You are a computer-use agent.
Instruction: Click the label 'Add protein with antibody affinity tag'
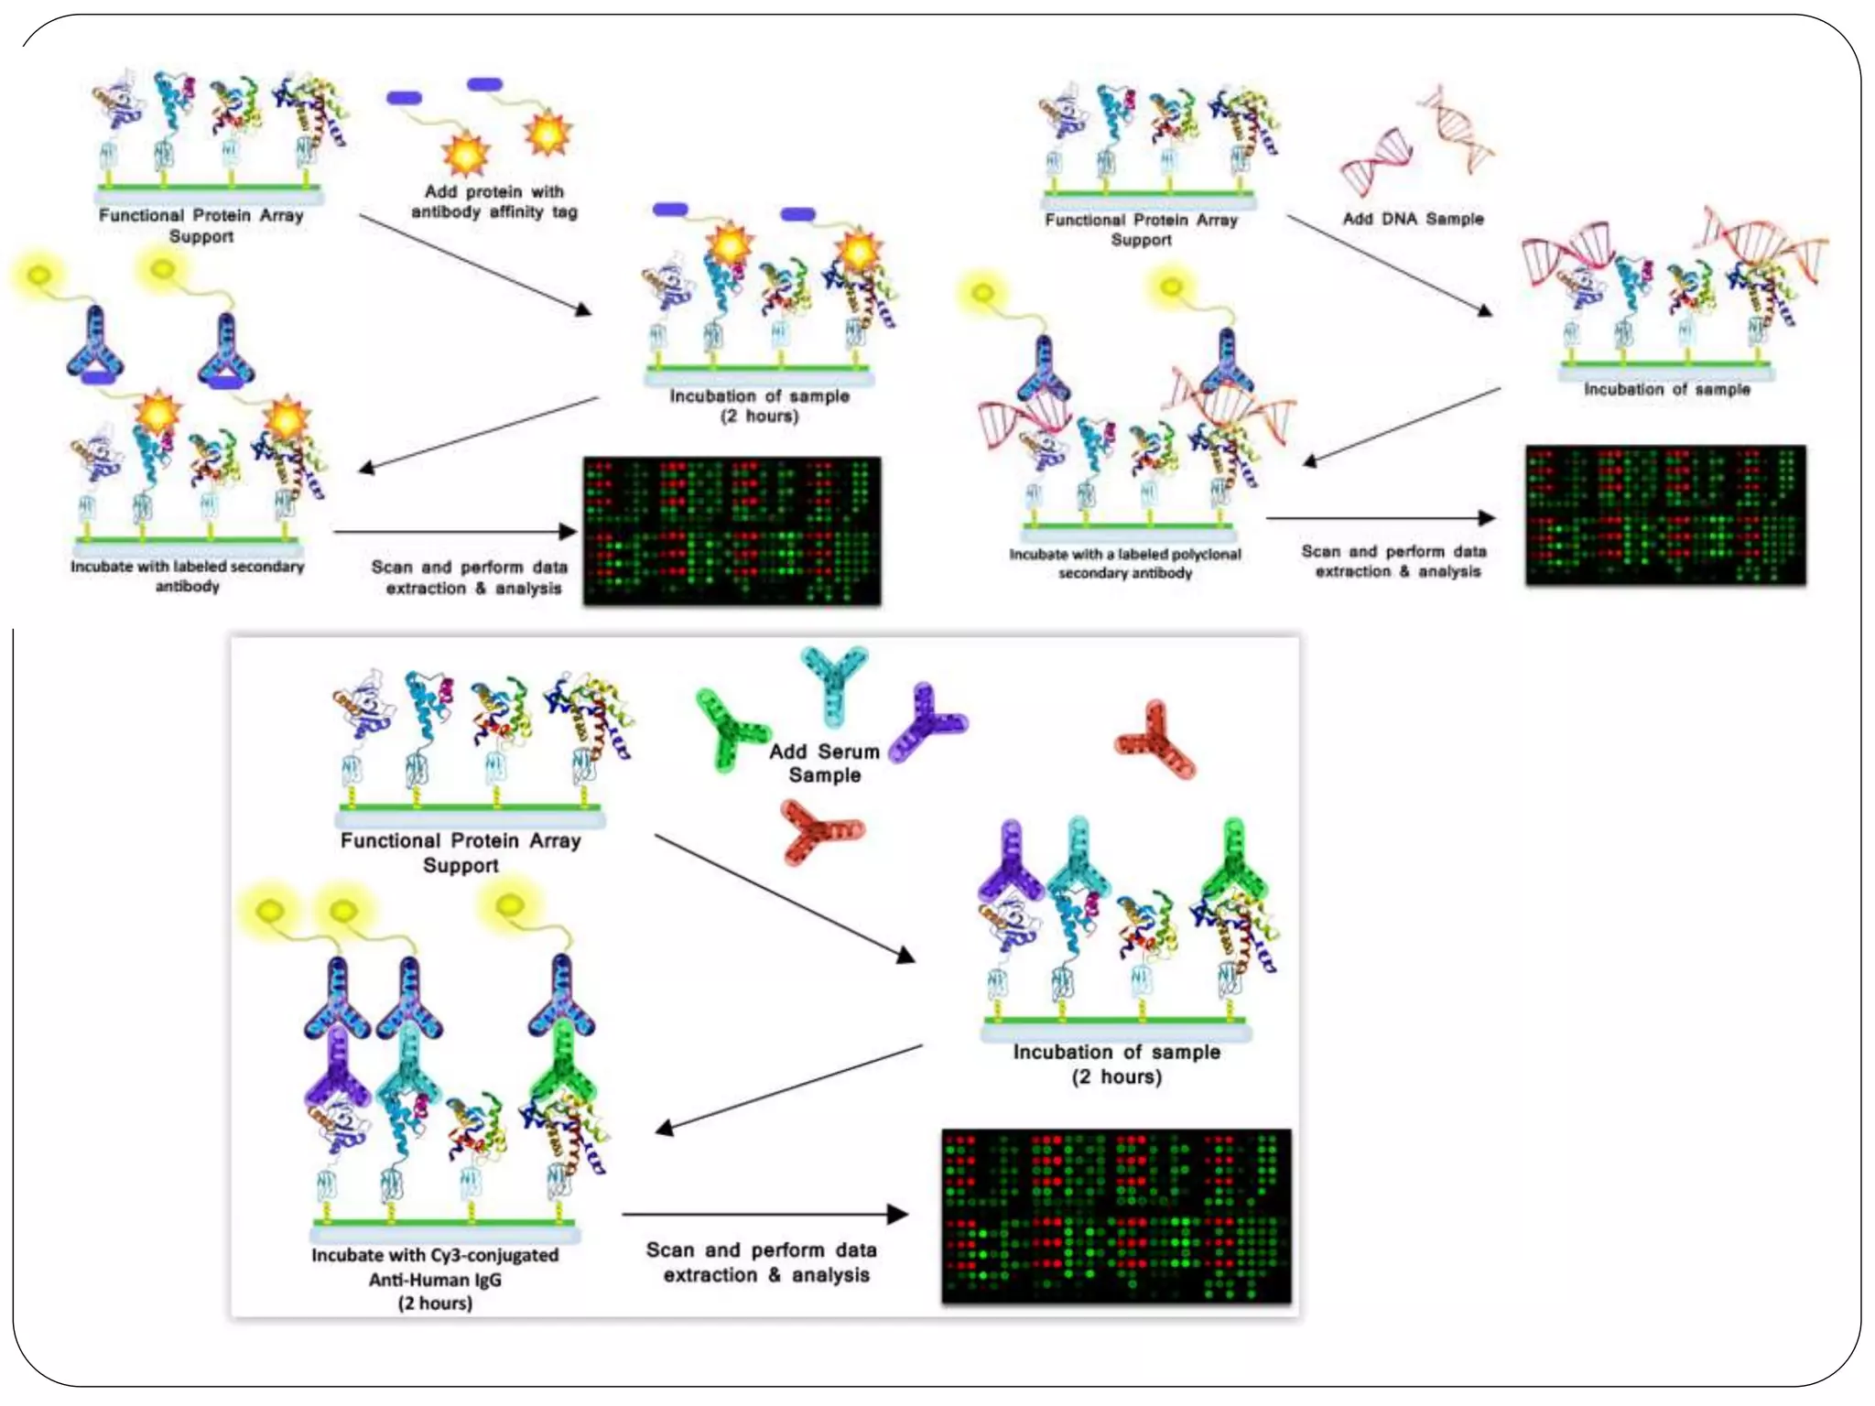(x=494, y=202)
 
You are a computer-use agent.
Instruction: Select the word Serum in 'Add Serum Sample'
(x=849, y=752)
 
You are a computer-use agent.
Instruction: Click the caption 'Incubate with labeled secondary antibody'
(x=188, y=576)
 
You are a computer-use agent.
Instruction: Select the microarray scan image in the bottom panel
(x=1116, y=1216)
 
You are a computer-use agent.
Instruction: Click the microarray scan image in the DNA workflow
(x=1665, y=514)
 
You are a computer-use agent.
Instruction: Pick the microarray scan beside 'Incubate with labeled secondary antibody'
(x=732, y=531)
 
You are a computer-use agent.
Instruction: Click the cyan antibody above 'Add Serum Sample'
(x=833, y=682)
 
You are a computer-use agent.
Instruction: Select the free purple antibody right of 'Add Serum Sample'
(x=927, y=720)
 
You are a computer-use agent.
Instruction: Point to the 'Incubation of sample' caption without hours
(x=1666, y=389)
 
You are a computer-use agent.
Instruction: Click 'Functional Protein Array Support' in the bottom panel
(x=461, y=852)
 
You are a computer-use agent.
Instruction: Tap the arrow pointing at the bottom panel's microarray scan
(x=764, y=1215)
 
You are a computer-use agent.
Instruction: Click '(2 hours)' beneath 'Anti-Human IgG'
(x=435, y=1303)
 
